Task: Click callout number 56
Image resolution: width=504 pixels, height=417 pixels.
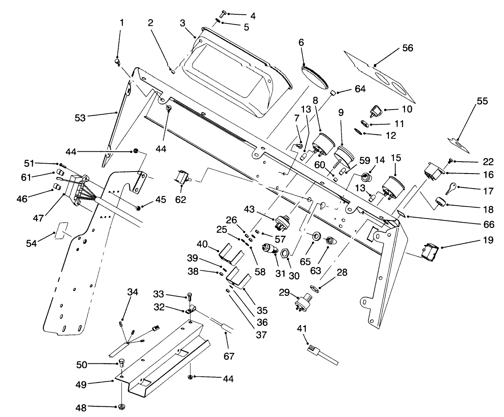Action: point(408,48)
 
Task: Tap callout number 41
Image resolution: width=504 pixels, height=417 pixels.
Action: point(302,328)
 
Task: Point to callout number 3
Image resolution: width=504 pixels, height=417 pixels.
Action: point(183,23)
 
